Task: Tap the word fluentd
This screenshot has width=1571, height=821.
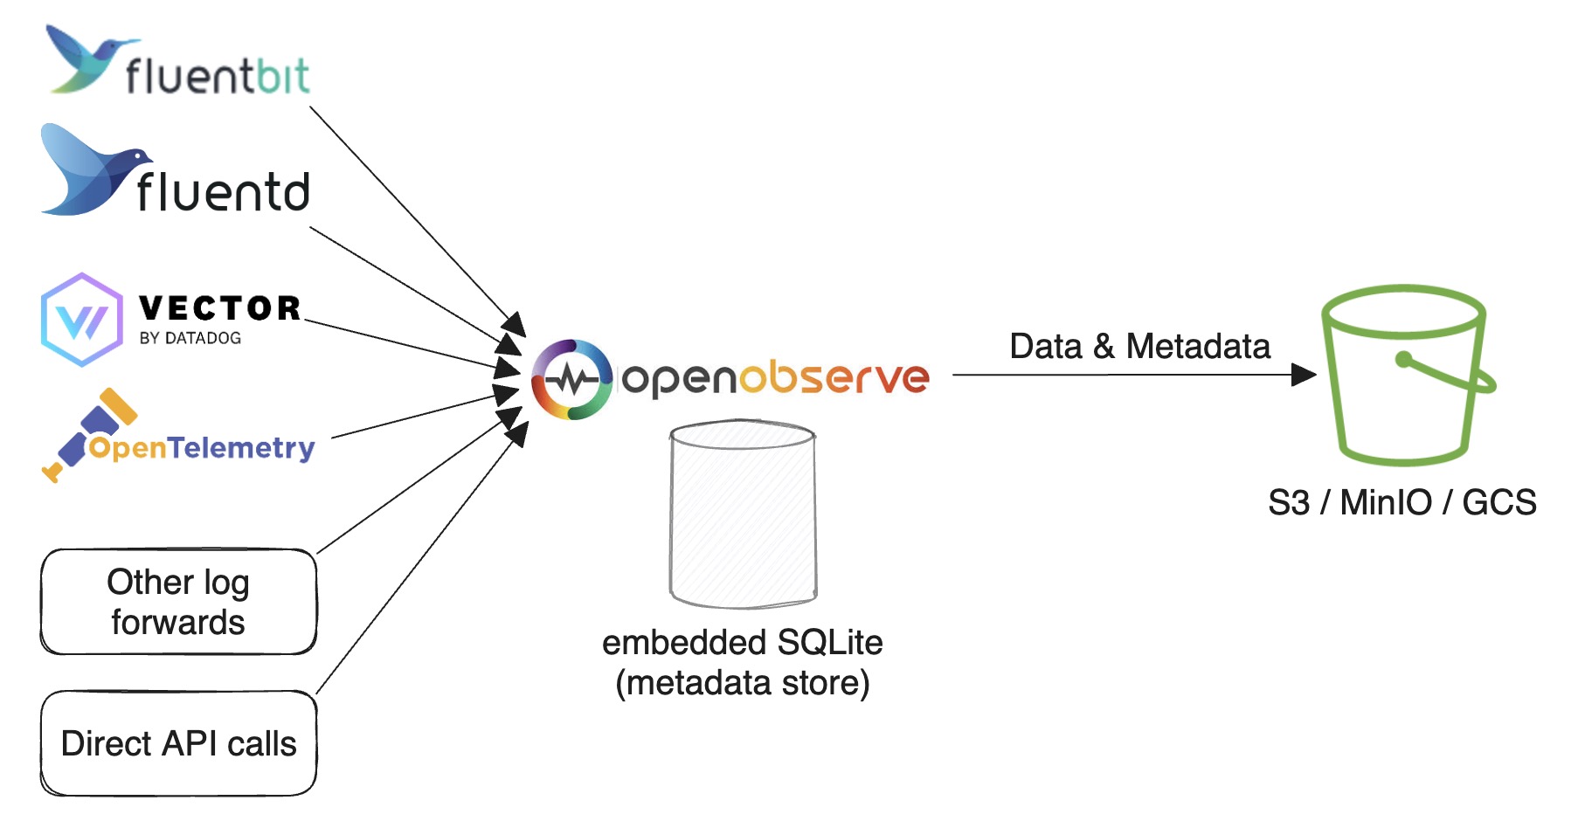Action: [x=223, y=192]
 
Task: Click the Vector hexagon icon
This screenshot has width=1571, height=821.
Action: [x=81, y=320]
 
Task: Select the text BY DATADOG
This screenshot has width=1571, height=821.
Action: [x=190, y=338]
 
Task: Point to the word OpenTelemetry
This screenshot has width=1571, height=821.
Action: [x=201, y=448]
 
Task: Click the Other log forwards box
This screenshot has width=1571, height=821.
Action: [x=178, y=602]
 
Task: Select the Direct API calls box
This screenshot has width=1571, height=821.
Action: [x=178, y=743]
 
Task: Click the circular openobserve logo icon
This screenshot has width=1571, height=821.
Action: [x=572, y=379]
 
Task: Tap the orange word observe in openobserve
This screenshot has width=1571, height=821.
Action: [x=834, y=377]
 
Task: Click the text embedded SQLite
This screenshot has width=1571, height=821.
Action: [x=742, y=643]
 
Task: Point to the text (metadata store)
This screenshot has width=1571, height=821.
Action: [x=742, y=683]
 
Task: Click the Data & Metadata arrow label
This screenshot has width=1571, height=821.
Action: [x=1139, y=347]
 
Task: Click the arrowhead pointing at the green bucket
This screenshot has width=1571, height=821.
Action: [x=1304, y=375]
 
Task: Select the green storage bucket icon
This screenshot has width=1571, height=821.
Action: [x=1405, y=376]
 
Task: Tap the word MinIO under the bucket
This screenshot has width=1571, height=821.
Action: [x=1386, y=503]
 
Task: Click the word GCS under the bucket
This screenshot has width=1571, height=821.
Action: [x=1498, y=503]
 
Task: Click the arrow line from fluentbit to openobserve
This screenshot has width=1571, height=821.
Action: [x=411, y=215]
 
